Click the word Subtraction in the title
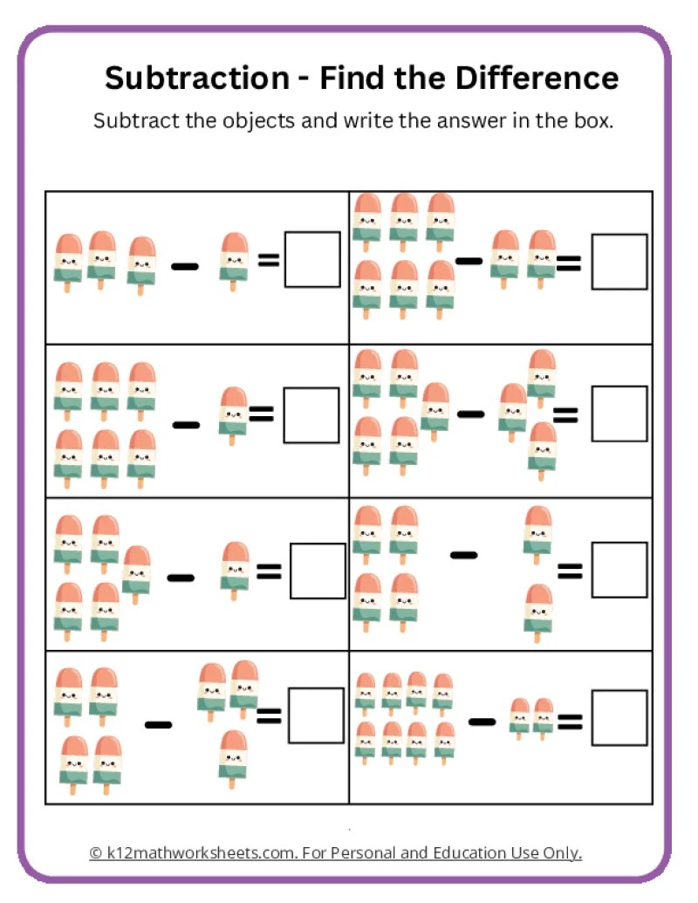pyautogui.click(x=197, y=78)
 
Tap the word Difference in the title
pyautogui.click(x=537, y=78)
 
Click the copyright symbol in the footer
pyautogui.click(x=96, y=853)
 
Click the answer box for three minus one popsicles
pyautogui.click(x=312, y=259)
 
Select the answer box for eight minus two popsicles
pyautogui.click(x=619, y=717)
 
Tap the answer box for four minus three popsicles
pyautogui.click(x=316, y=715)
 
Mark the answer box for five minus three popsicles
pyautogui.click(x=619, y=414)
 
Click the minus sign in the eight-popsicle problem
pyautogui.click(x=482, y=721)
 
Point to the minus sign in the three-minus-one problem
pyautogui.click(x=185, y=266)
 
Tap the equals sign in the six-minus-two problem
pyautogui.click(x=568, y=263)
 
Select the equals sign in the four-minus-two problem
pyautogui.click(x=570, y=571)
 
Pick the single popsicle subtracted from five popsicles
pyautogui.click(x=235, y=570)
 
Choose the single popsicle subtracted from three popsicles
pyautogui.click(x=234, y=262)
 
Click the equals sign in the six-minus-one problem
pyautogui.click(x=262, y=414)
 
